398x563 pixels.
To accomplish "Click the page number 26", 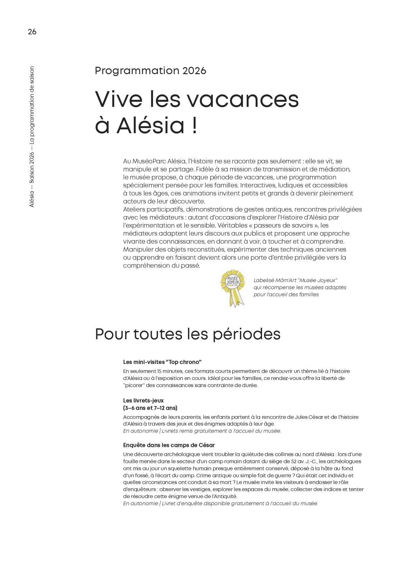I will pyautogui.click(x=32, y=32).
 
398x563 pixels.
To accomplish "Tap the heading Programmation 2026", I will pyautogui.click(x=150, y=71).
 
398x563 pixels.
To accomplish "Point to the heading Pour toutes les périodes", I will pyautogui.click(x=188, y=334).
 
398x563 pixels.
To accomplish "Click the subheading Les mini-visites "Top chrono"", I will pyautogui.click(x=162, y=362).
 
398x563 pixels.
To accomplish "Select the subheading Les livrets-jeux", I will pyautogui.click(x=143, y=401).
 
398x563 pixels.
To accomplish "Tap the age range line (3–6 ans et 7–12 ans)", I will pyautogui.click(x=150, y=408).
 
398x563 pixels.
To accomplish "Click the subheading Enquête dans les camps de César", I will pyautogui.click(x=169, y=445).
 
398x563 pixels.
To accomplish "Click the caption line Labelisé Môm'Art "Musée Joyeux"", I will pyautogui.click(x=295, y=280).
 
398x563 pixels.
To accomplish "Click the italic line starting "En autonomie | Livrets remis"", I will pyautogui.click(x=202, y=431).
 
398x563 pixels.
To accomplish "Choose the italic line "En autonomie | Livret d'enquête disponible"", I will pyautogui.click(x=220, y=504).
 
